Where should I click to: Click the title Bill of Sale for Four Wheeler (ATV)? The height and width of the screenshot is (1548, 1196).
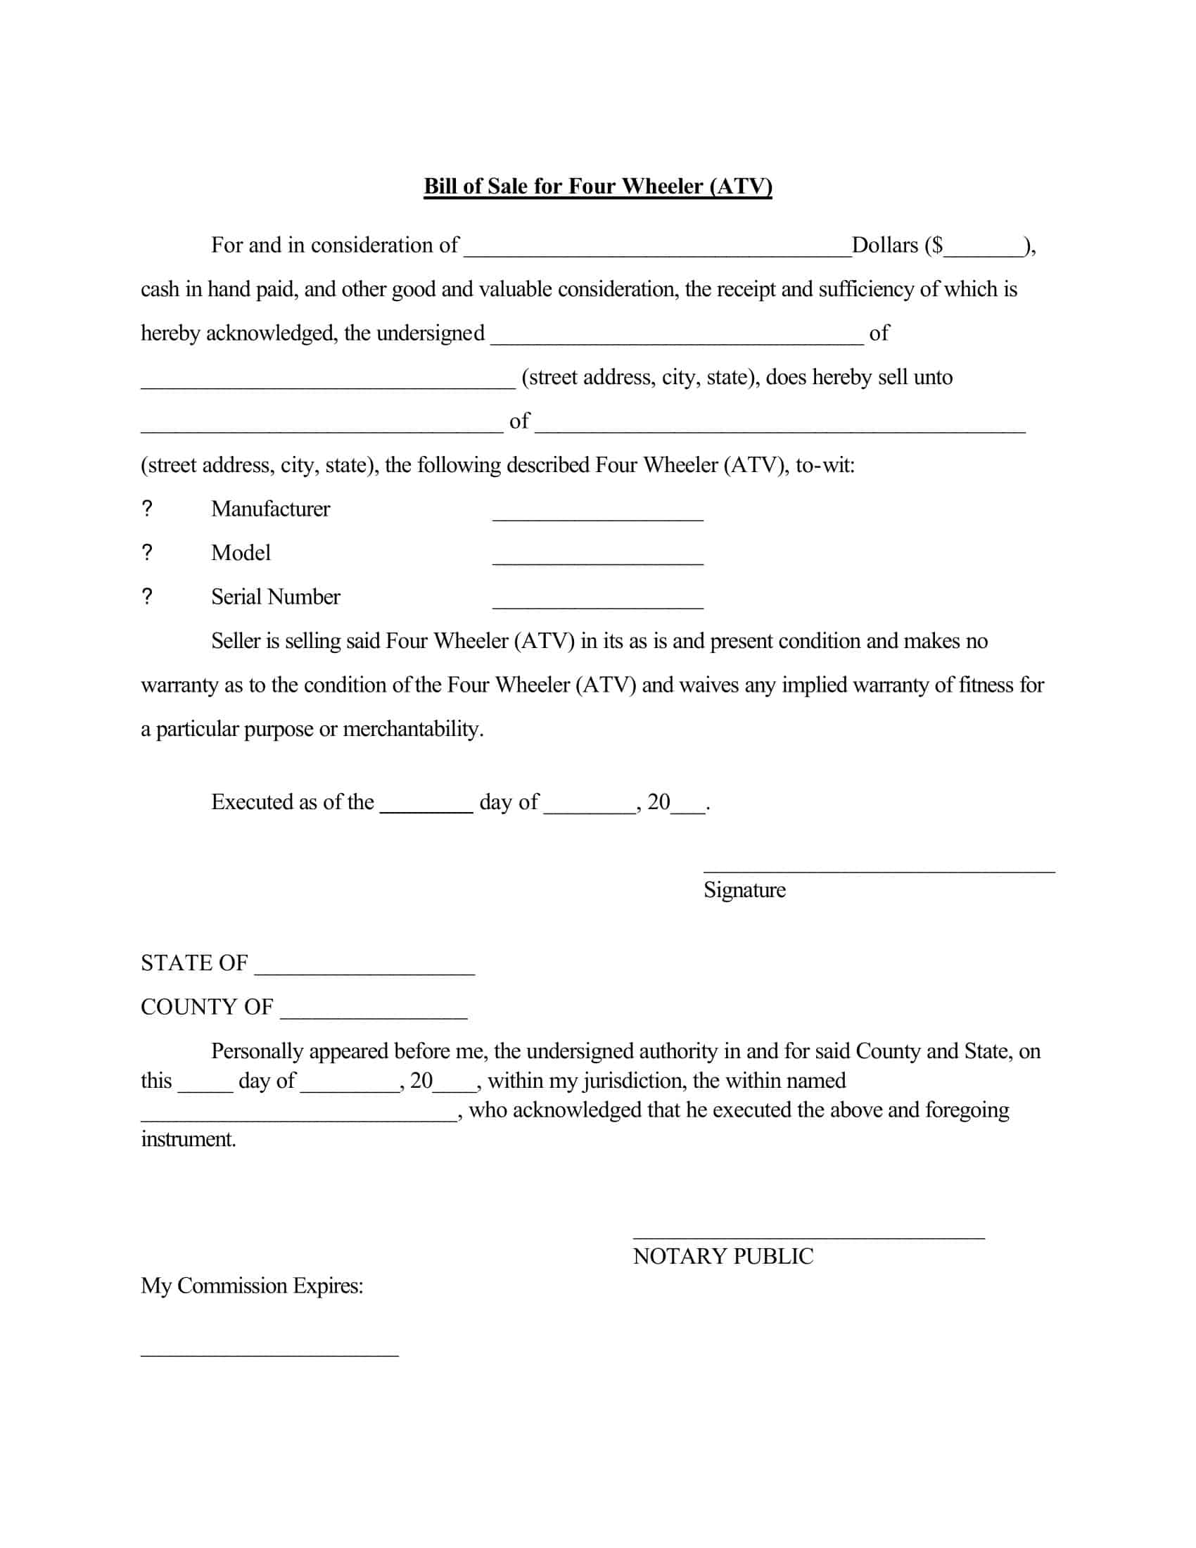597,186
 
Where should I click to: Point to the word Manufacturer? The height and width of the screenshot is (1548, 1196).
270,509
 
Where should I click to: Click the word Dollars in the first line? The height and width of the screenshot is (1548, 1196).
884,246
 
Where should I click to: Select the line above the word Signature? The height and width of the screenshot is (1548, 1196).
879,870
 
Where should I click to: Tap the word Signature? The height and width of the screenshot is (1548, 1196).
744,889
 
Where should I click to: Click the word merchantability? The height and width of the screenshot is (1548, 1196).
412,729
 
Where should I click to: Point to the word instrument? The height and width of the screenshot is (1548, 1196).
188,1139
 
